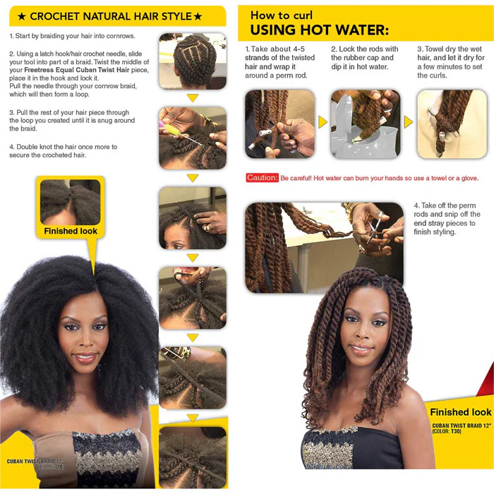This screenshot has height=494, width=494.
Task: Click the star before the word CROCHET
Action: [21, 16]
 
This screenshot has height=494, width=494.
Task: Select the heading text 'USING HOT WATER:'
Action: [319, 30]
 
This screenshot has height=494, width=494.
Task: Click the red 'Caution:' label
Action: [262, 178]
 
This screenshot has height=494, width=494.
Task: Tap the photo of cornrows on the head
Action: [192, 61]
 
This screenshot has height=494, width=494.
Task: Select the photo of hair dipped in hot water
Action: [365, 123]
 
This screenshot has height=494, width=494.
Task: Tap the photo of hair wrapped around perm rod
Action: [279, 123]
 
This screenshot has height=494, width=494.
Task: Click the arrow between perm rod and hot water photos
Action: [323, 123]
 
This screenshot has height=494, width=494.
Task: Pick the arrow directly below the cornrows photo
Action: [192, 98]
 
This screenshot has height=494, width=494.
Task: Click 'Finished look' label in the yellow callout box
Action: [71, 231]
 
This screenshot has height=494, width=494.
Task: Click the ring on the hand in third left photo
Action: [206, 227]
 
